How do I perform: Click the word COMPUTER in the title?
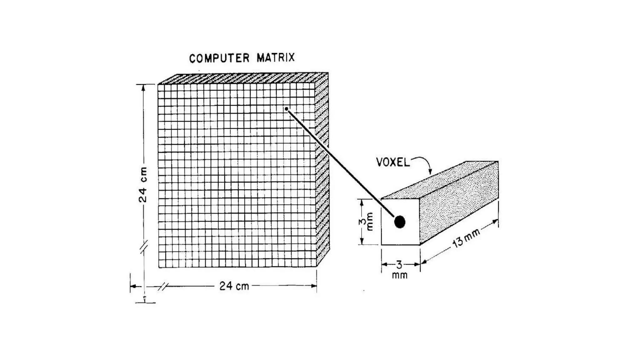[219, 58]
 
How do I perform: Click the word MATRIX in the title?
[276, 58]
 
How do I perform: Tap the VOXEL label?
[393, 162]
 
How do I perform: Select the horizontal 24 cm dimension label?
[234, 286]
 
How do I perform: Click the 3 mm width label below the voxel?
[400, 270]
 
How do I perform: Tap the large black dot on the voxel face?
[400, 222]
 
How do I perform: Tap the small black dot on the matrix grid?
[286, 109]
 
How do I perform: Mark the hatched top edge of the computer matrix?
[244, 79]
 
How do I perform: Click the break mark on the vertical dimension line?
[143, 247]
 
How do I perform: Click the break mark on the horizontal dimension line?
[163, 286]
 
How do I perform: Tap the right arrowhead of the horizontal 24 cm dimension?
[314, 286]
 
